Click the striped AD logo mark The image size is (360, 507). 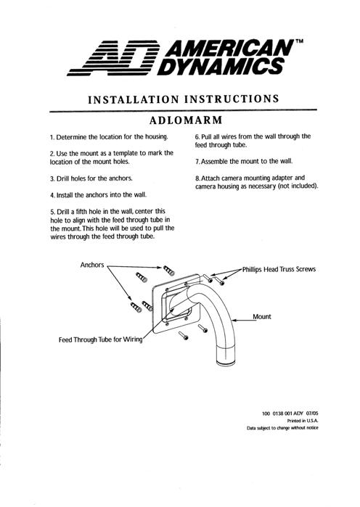point(113,58)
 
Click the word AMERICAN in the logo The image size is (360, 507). point(230,49)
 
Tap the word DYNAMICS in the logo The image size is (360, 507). point(221,67)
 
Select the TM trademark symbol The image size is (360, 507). point(300,41)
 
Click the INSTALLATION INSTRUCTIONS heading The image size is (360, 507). point(184,99)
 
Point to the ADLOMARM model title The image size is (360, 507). point(186,120)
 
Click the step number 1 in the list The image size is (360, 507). point(52,137)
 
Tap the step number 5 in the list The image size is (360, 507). point(52,212)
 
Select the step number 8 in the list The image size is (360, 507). point(197,178)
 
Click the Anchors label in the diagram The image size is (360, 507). point(92,265)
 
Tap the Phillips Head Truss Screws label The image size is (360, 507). point(279,269)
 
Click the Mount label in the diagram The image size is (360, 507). point(262,316)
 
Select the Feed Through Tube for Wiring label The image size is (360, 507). point(101,339)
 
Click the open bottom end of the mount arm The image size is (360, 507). point(227,362)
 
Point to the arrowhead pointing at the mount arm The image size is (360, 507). point(234,321)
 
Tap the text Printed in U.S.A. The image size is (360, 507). point(303,421)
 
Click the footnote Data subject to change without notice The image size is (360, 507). point(282,428)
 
